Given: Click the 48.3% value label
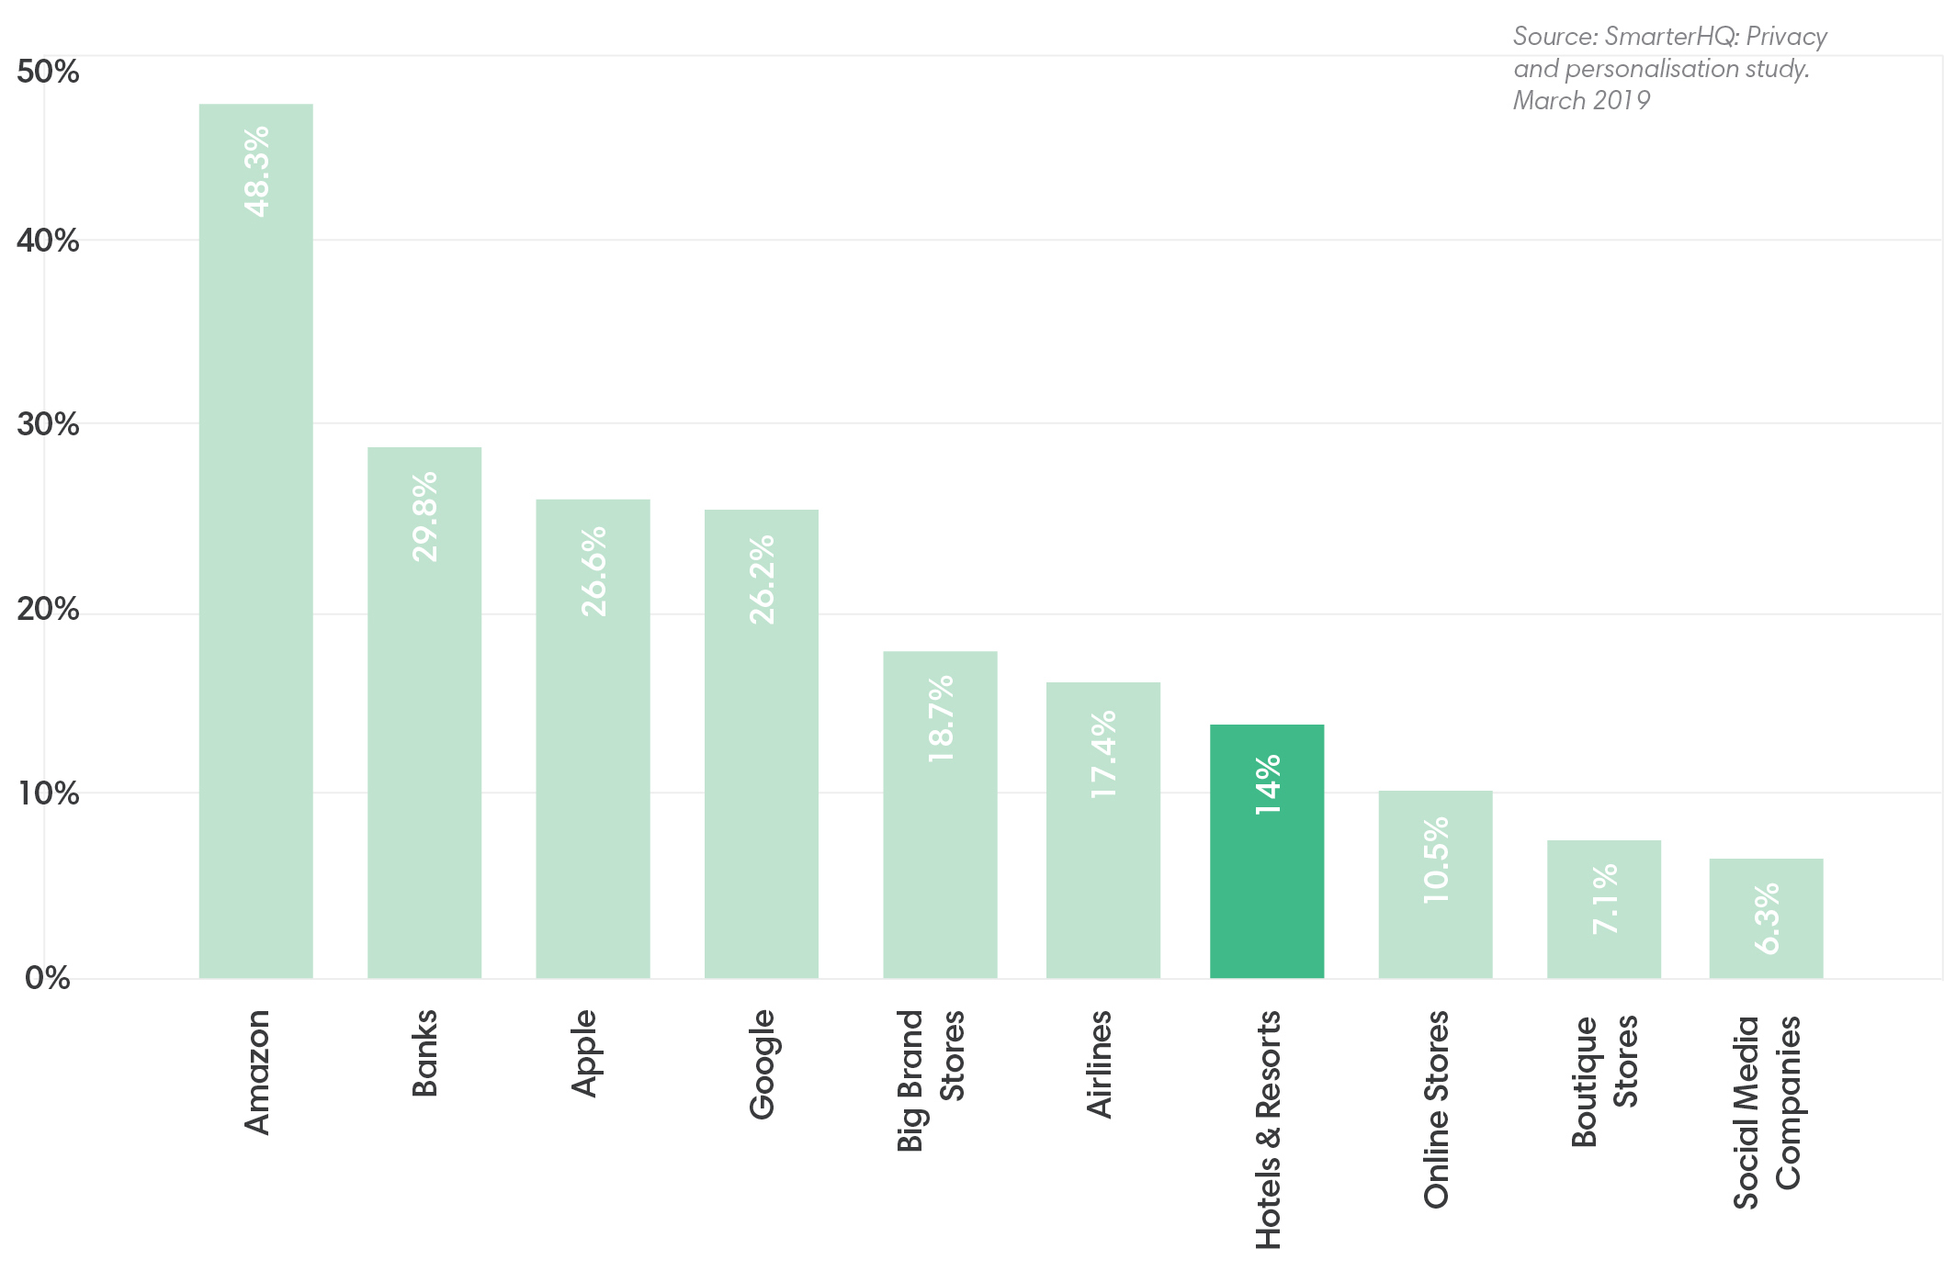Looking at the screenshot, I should (x=256, y=172).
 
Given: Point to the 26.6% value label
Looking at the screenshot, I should (x=593, y=571).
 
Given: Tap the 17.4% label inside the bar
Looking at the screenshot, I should (x=1102, y=754).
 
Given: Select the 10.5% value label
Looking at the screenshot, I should (x=1435, y=860).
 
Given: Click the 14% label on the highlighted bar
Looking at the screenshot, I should (x=1267, y=784).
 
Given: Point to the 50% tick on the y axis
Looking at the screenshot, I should (x=48, y=72).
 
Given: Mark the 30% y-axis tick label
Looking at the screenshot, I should (x=48, y=424).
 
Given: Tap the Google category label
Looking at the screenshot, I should (x=762, y=1064).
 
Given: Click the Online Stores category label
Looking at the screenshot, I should (x=1435, y=1108).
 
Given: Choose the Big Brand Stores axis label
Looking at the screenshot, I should (x=930, y=1079).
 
